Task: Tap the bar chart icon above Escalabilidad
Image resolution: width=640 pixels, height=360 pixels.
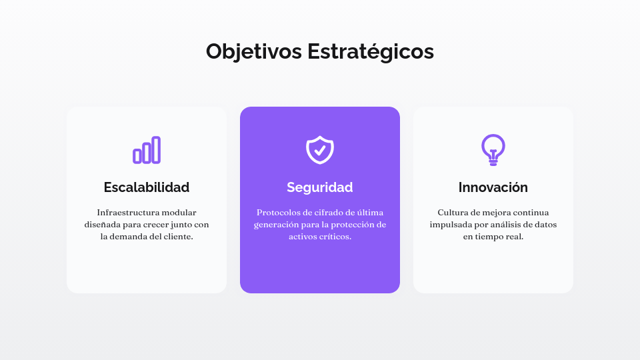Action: pyautogui.click(x=147, y=150)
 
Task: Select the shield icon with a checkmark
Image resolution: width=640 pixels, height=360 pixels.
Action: pyautogui.click(x=320, y=149)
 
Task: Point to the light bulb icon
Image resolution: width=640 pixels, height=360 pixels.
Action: pyautogui.click(x=493, y=149)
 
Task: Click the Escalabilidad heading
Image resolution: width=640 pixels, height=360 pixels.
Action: pyautogui.click(x=147, y=187)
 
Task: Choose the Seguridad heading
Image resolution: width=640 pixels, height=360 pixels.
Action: pyautogui.click(x=320, y=187)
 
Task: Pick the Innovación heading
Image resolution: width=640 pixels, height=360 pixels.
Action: pyautogui.click(x=493, y=187)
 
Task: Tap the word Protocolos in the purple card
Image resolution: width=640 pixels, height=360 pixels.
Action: pyautogui.click(x=279, y=213)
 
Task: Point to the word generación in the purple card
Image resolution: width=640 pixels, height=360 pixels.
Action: pyautogui.click(x=277, y=225)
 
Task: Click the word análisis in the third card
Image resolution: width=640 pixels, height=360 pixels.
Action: pyautogui.click(x=509, y=225)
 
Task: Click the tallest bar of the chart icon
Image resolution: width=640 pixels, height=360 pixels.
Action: pyautogui.click(x=156, y=150)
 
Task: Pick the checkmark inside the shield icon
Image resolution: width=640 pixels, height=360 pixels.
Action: pyautogui.click(x=320, y=150)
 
